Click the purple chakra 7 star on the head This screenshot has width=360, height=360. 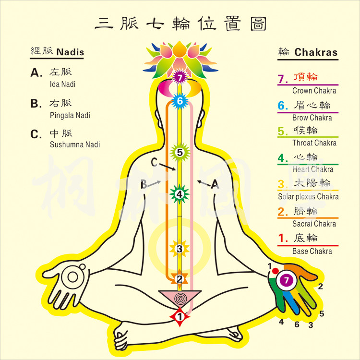[x=180, y=77]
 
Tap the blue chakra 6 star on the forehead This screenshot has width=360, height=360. [x=180, y=101]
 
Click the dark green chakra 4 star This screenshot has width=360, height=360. [x=179, y=194]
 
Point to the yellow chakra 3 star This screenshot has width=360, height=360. [x=179, y=249]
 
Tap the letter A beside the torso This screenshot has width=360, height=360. [x=215, y=183]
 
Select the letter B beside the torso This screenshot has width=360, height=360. [x=143, y=184]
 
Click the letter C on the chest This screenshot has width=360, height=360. [x=154, y=162]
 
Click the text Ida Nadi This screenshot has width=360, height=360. [x=62, y=84]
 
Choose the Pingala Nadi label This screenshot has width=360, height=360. [x=70, y=115]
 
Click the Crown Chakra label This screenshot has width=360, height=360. [x=314, y=91]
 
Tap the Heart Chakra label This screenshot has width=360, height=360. [x=312, y=169]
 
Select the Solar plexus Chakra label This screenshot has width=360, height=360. [x=308, y=196]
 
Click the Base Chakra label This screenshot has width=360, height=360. [x=312, y=251]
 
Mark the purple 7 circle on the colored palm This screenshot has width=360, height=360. [x=287, y=280]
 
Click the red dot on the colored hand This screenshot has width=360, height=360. [x=275, y=271]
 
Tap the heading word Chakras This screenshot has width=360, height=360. [x=316, y=53]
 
